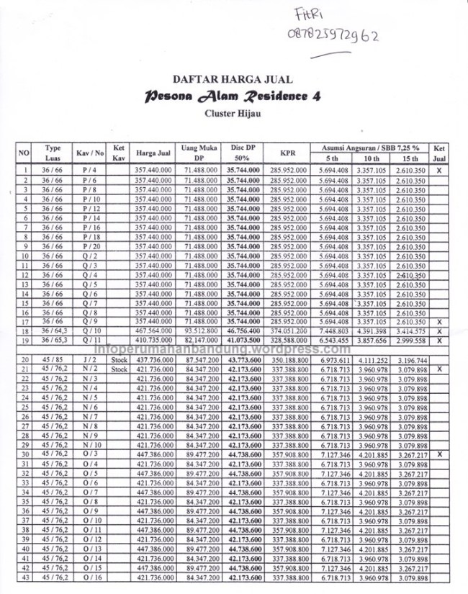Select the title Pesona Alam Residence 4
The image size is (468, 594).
coord(232,96)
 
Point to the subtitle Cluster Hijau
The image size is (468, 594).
coord(232,112)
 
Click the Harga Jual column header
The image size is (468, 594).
coord(153,153)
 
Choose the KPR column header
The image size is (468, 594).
coord(288,153)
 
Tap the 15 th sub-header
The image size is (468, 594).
coord(410,158)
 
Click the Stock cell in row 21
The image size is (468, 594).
coord(119,369)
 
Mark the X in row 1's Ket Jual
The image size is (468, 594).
coord(438,170)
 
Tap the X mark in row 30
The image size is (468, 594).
coord(438,454)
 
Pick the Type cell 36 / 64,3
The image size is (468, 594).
coord(53,330)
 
